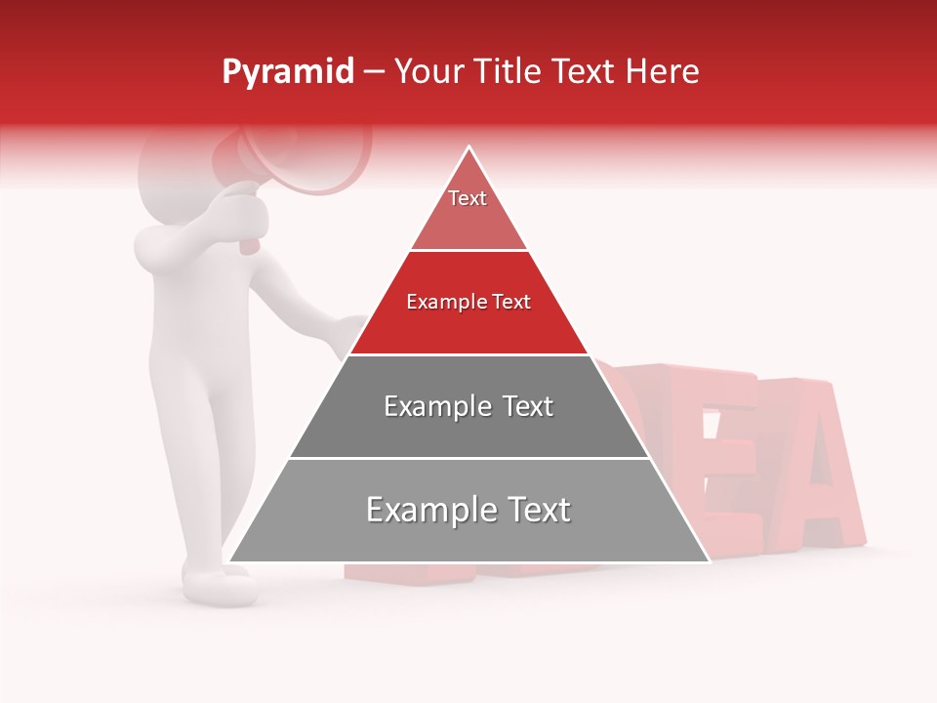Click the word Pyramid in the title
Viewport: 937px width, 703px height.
[x=288, y=72]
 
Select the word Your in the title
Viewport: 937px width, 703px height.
[x=428, y=71]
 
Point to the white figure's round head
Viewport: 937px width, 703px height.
[x=176, y=176]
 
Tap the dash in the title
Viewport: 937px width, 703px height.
[x=374, y=72]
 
